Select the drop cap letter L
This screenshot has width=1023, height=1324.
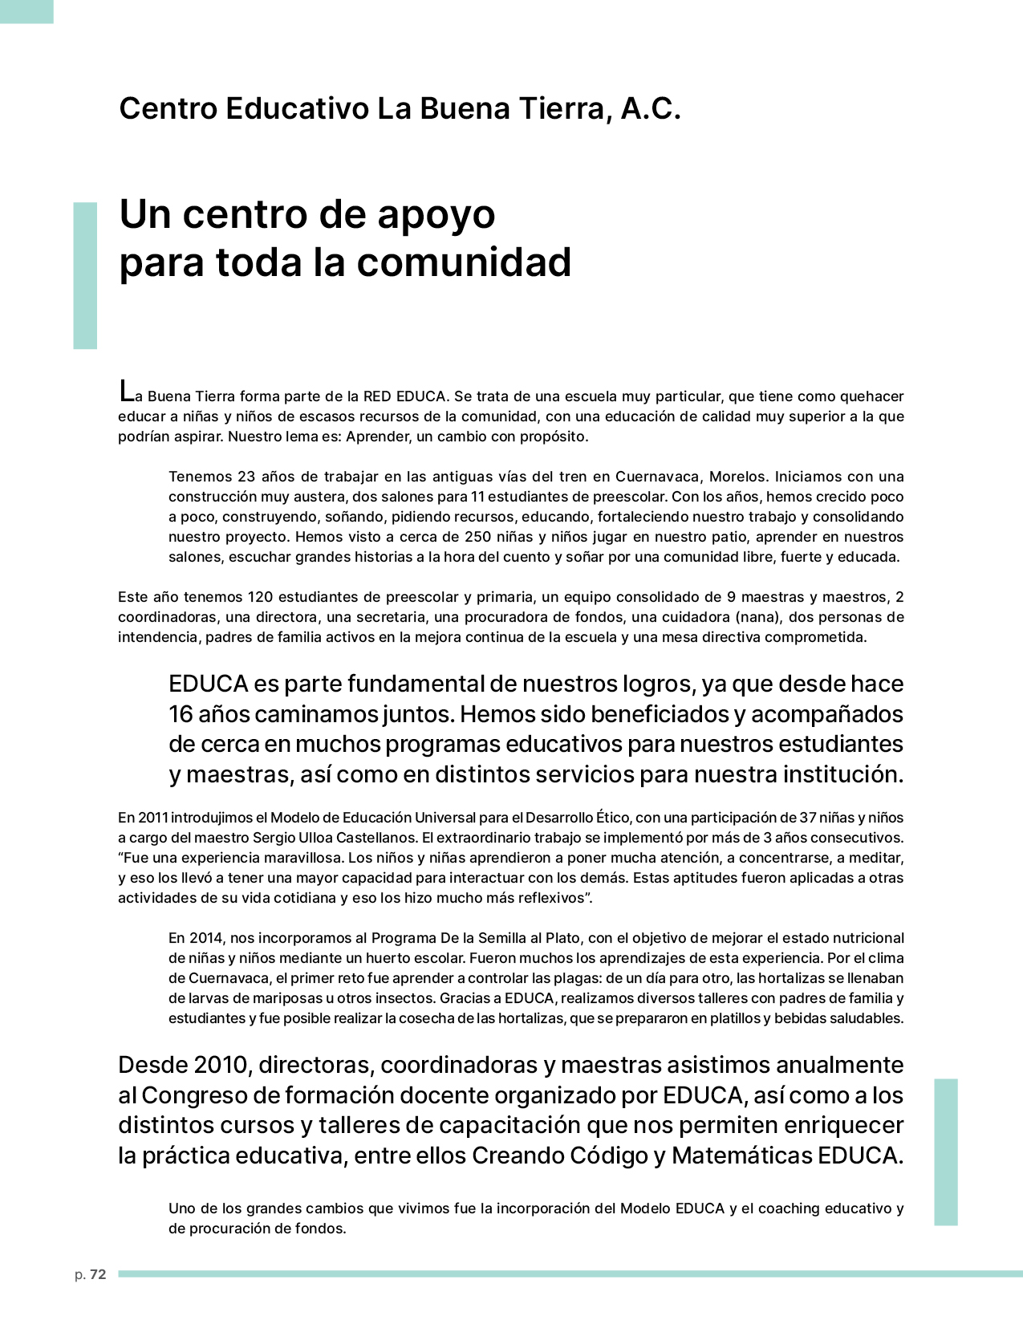[125, 392]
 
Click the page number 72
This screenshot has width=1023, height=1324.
[98, 1275]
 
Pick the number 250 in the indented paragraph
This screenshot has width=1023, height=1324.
[477, 537]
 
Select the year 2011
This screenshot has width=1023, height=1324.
[152, 818]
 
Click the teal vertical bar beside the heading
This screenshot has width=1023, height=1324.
[85, 275]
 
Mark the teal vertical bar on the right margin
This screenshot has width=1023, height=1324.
[946, 1151]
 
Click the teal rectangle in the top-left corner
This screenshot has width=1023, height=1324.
[26, 11]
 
